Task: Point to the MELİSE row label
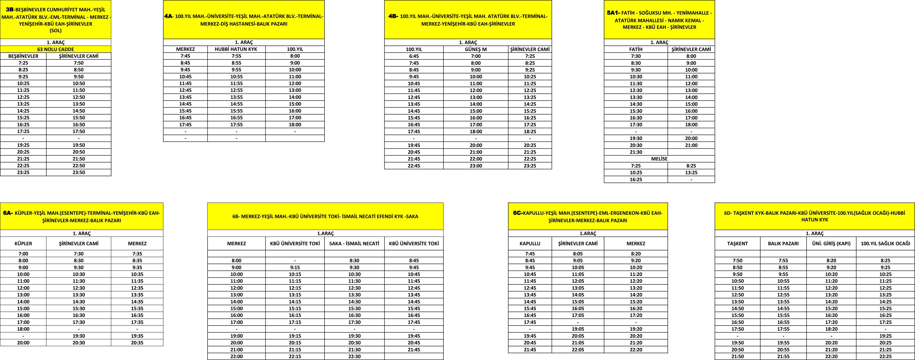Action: point(659,159)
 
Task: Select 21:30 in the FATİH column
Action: point(636,152)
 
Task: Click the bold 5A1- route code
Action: point(613,13)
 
